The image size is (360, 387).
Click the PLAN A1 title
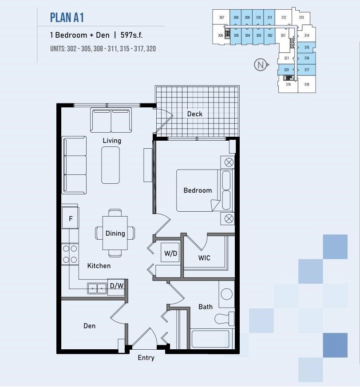coord(67,18)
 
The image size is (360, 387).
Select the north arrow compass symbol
coord(261,65)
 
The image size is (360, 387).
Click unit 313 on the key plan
coord(301,18)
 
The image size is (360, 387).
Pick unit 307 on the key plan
coord(222,18)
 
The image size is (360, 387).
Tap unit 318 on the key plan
coord(306,84)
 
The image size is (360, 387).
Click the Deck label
coord(194,114)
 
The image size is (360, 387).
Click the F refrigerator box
coord(70,218)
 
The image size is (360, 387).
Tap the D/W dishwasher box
coord(116,286)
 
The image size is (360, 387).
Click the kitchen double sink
coord(97,288)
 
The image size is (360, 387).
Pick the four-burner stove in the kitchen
coord(70,255)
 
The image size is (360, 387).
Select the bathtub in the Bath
coord(210,340)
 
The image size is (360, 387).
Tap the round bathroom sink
coord(227,293)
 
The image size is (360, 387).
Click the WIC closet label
coord(204,258)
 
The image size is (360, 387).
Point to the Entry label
coord(146,358)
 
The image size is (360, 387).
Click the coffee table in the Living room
coord(111,165)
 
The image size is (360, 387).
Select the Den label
coord(89,326)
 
